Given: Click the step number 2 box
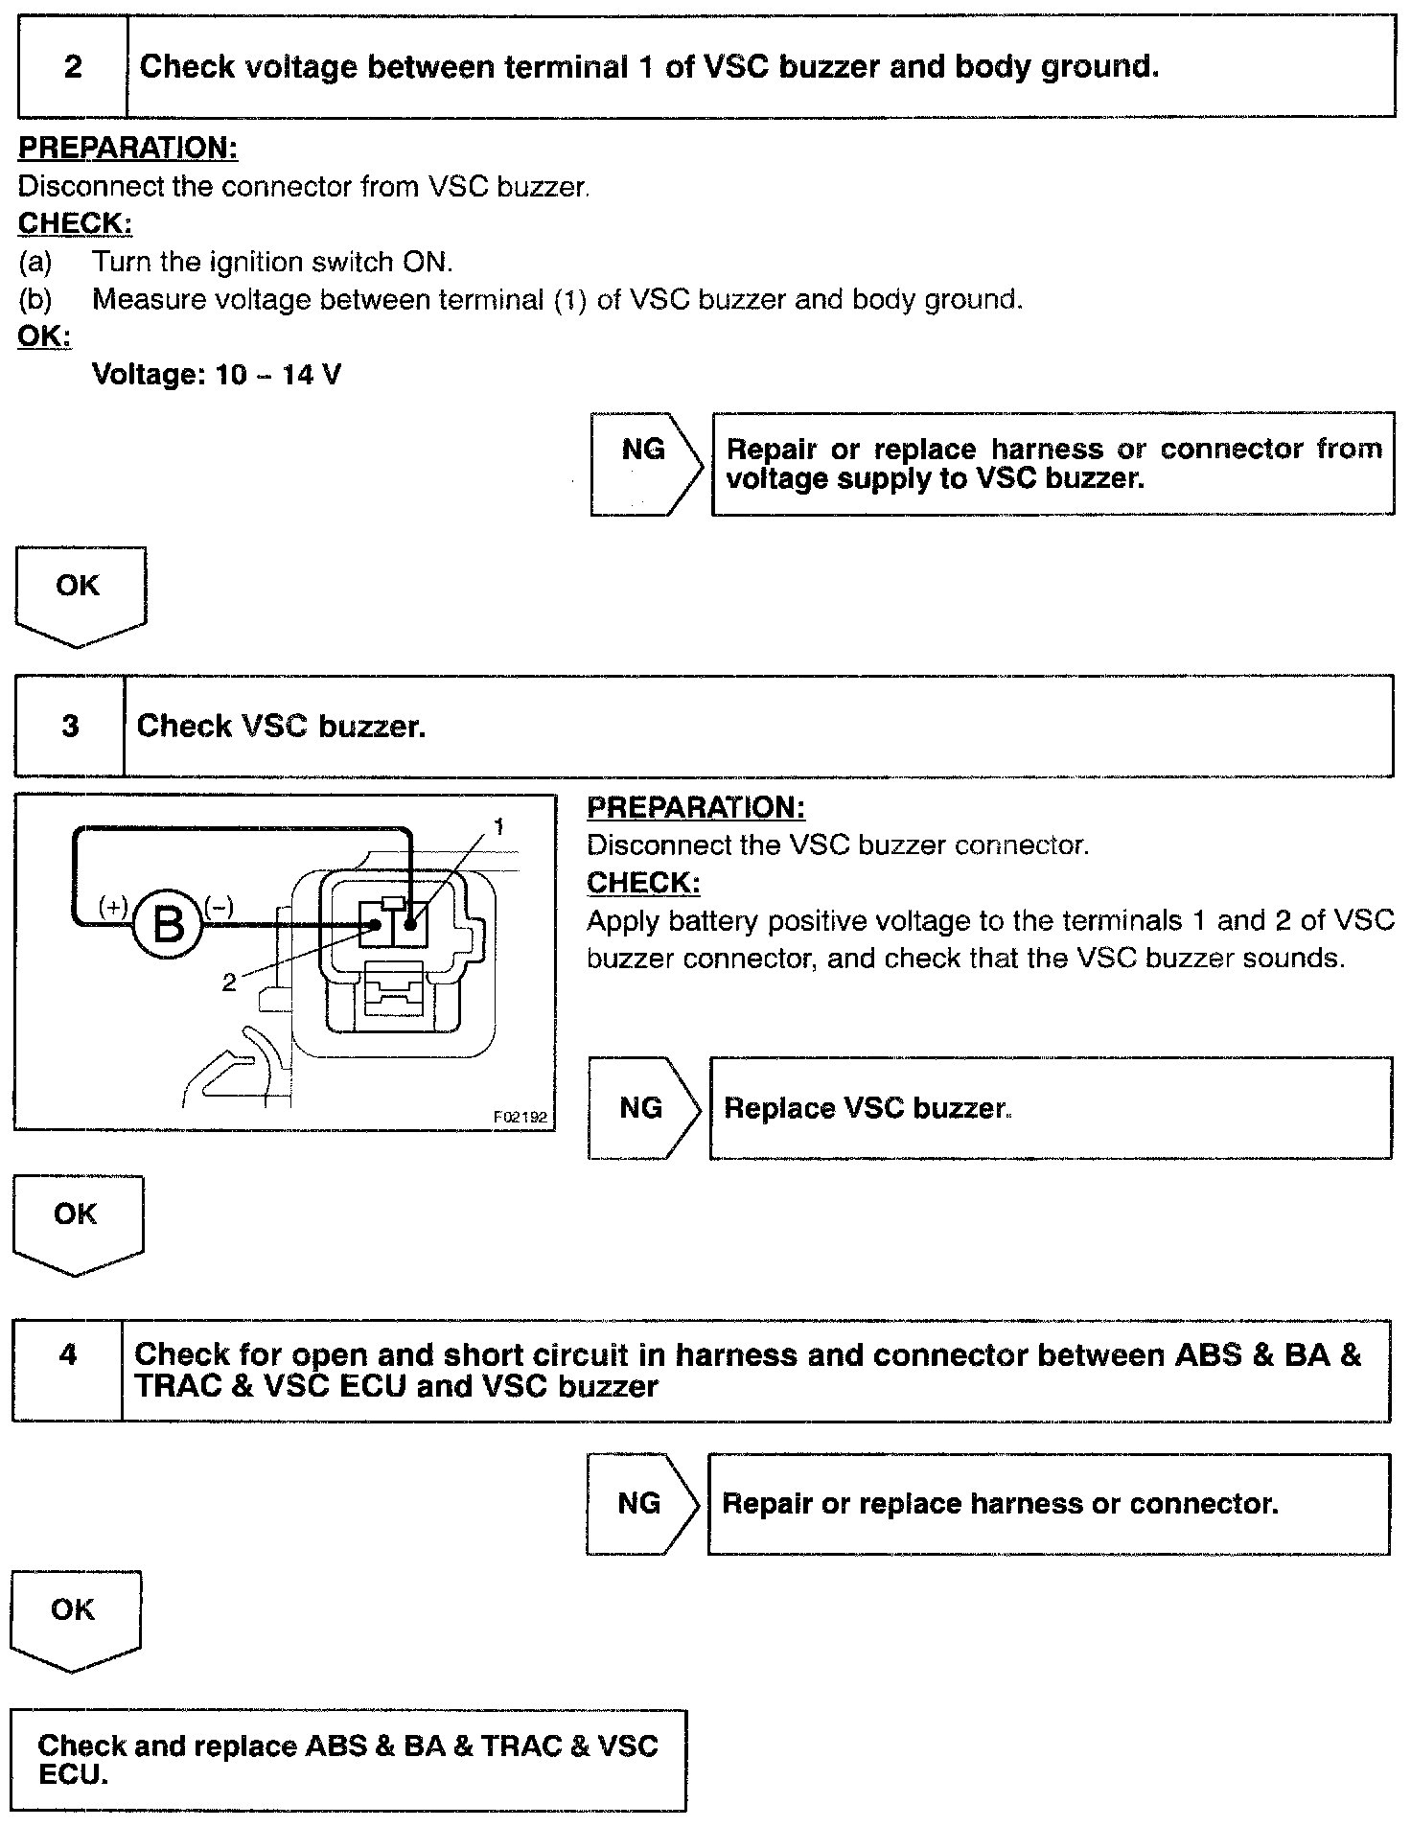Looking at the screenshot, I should (x=73, y=67).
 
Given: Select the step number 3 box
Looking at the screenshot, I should (x=70, y=726).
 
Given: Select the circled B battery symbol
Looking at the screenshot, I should (x=169, y=925).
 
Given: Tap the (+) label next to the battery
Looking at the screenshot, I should (x=113, y=906).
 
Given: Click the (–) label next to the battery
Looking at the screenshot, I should (x=219, y=906).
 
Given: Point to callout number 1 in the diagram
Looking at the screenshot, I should (x=498, y=826).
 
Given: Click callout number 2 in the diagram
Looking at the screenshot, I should (x=228, y=983).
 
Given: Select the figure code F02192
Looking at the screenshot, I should (x=520, y=1117).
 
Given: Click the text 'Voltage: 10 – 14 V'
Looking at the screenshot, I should (x=217, y=375).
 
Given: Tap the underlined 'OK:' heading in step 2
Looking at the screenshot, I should (x=44, y=336).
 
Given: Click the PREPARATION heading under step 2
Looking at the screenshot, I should (x=127, y=149).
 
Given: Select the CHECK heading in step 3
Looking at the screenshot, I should (x=643, y=883).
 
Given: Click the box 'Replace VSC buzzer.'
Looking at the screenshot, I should (x=1050, y=1108).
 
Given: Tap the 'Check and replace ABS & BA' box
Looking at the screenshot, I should (x=348, y=1760).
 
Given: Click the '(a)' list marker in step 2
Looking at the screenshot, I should (x=35, y=262).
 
